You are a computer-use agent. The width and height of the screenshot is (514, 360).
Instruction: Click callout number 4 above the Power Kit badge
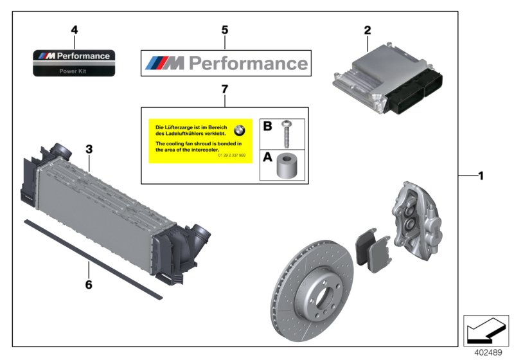(74, 30)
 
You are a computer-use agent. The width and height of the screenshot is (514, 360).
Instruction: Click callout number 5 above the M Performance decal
(224, 30)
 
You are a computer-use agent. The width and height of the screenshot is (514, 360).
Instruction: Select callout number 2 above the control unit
(368, 30)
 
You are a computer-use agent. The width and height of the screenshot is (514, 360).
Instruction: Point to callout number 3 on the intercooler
(89, 149)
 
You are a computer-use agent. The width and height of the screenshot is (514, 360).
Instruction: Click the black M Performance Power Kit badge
(74, 62)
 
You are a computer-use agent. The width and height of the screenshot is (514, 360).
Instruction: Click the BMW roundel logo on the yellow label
(240, 129)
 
